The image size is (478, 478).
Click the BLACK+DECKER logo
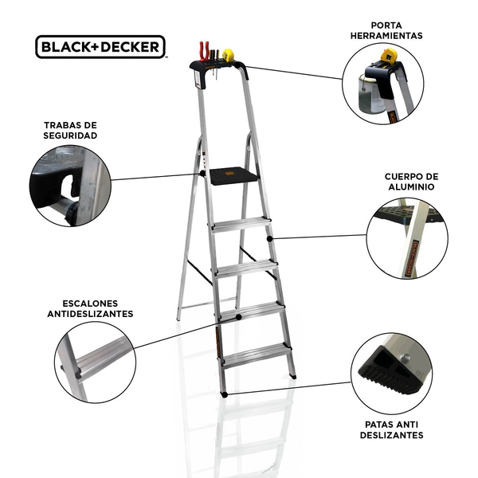pyautogui.click(x=100, y=47)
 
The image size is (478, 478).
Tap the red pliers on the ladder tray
pyautogui.click(x=204, y=51)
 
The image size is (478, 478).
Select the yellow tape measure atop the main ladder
pyautogui.click(x=228, y=55)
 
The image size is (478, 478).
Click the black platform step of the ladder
pyautogui.click(x=233, y=176)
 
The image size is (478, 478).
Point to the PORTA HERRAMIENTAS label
pyautogui.click(x=386, y=30)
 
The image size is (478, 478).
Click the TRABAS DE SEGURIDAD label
pyautogui.click(x=70, y=130)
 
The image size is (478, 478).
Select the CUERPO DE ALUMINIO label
pyautogui.click(x=411, y=182)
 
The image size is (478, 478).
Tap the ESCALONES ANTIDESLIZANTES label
pyautogui.click(x=90, y=308)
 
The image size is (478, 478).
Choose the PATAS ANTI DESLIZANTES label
pyautogui.click(x=391, y=429)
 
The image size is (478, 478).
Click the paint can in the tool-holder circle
pyautogui.click(x=370, y=94)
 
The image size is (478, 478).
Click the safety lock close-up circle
pyautogui.click(x=70, y=186)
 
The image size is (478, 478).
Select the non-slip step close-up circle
pyautogui.click(x=96, y=362)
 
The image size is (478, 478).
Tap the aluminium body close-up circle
pyautogui.click(x=407, y=238)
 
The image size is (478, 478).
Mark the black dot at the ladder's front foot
pyautogui.click(x=225, y=394)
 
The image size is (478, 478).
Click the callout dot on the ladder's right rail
pyautogui.click(x=269, y=239)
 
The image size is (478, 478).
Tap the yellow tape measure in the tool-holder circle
pyautogui.click(x=389, y=56)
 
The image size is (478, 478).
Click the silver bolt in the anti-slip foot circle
pyautogui.click(x=405, y=358)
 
